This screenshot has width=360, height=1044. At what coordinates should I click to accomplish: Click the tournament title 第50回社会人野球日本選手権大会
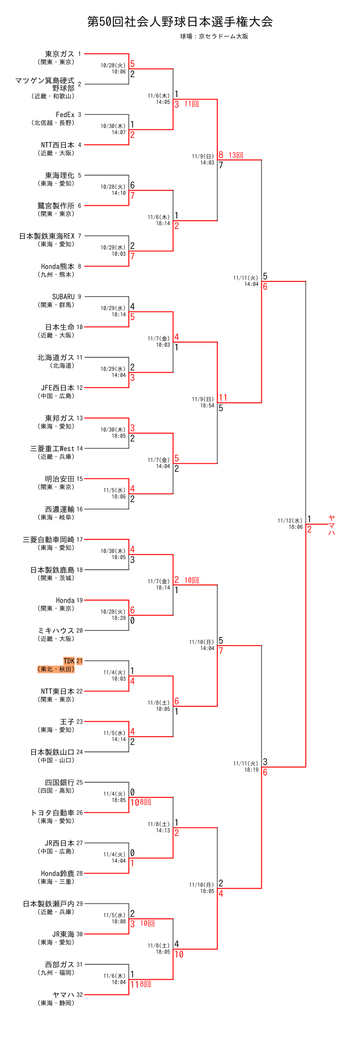click(x=180, y=22)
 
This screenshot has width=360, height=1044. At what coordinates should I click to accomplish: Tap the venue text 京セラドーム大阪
click(x=223, y=36)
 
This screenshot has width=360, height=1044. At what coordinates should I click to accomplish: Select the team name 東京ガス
click(x=59, y=54)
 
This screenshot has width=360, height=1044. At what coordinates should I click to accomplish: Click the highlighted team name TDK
click(x=69, y=661)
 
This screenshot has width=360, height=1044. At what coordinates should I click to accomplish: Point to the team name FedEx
click(x=65, y=115)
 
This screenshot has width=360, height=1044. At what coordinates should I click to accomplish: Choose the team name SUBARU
click(x=63, y=297)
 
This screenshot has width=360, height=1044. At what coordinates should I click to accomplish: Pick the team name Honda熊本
click(x=58, y=267)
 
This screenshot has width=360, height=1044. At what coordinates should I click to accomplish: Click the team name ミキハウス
click(x=56, y=631)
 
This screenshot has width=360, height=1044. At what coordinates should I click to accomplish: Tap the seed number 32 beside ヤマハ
click(x=80, y=994)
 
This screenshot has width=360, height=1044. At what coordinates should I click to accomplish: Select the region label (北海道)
click(x=62, y=366)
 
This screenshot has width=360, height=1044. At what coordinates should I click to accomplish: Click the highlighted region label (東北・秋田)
click(x=56, y=669)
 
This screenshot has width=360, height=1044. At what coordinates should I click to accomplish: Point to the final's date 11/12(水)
click(x=290, y=521)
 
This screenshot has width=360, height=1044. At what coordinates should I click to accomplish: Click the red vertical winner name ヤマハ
click(x=332, y=525)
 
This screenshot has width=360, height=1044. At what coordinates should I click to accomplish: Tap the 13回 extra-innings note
click(x=236, y=155)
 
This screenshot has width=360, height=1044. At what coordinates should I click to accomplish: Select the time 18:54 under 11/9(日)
click(x=207, y=406)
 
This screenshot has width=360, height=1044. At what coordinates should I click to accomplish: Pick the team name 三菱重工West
click(x=52, y=448)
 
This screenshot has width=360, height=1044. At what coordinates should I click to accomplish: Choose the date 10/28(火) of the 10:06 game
click(x=113, y=65)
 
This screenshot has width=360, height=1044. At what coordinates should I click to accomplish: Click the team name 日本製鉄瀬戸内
click(x=49, y=904)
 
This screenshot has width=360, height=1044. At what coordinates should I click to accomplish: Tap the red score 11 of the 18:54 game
click(x=223, y=398)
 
